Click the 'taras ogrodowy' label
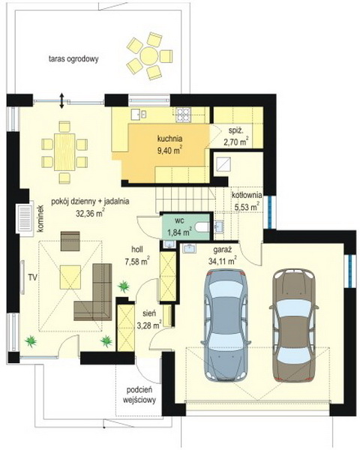(73, 59)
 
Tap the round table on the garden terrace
(148, 56)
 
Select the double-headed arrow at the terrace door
(61, 100)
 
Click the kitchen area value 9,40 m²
(169, 151)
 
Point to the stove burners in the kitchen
(182, 114)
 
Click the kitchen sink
(139, 114)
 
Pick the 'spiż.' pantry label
(236, 130)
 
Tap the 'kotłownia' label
(247, 196)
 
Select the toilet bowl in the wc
(202, 227)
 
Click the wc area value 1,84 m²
(179, 232)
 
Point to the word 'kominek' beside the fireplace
(40, 218)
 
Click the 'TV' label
(32, 277)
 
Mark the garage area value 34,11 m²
(223, 261)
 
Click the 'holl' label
(137, 250)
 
